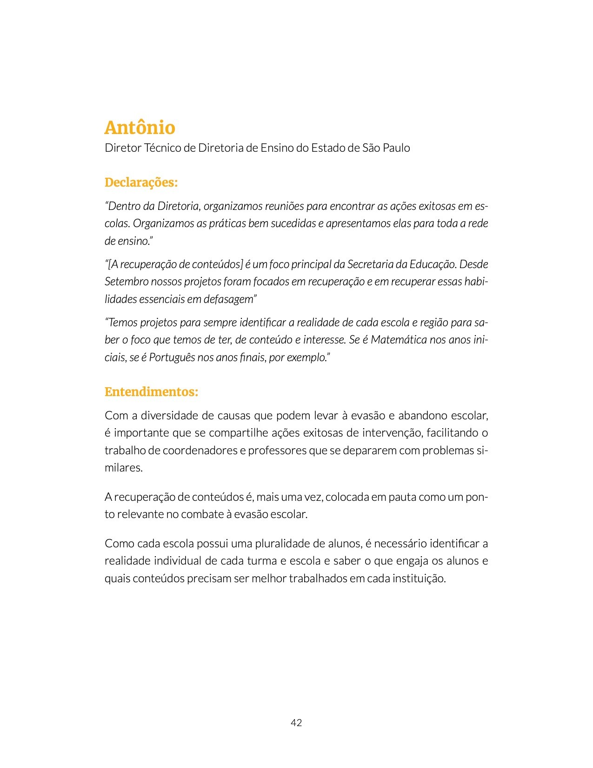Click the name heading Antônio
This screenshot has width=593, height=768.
(140, 128)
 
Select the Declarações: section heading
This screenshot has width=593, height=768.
(141, 182)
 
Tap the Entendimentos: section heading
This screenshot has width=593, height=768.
(151, 392)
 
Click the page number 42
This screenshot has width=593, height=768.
(296, 722)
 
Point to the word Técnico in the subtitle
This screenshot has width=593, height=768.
(163, 148)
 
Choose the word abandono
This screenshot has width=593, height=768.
(424, 416)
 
